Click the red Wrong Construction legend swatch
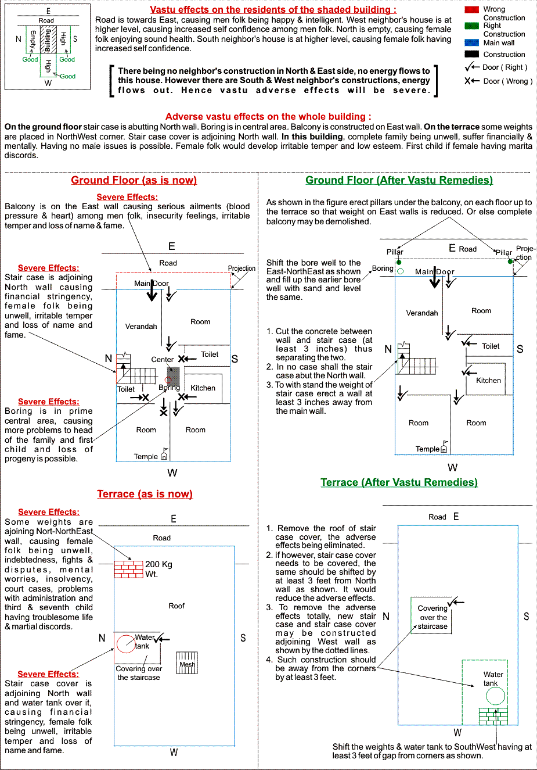tap(471, 9)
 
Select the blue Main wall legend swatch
tap(471, 42)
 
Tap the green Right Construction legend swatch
tap(471, 26)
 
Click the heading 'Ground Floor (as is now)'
tap(134, 180)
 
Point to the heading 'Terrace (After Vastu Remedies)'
tap(399, 482)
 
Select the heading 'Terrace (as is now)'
tap(145, 494)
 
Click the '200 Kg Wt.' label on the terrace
tap(158, 569)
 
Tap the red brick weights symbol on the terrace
tap(128, 569)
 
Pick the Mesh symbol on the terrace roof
tap(187, 663)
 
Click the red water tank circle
tap(126, 643)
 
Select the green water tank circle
tap(495, 696)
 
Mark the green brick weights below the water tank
tap(493, 716)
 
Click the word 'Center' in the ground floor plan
tap(163, 360)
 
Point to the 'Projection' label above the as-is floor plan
tap(242, 268)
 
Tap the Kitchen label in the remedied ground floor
tap(488, 381)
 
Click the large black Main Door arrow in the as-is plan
tap(152, 292)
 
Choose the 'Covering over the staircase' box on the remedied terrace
tap(432, 616)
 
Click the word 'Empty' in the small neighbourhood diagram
tap(33, 40)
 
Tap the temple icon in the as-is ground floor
tap(164, 456)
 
